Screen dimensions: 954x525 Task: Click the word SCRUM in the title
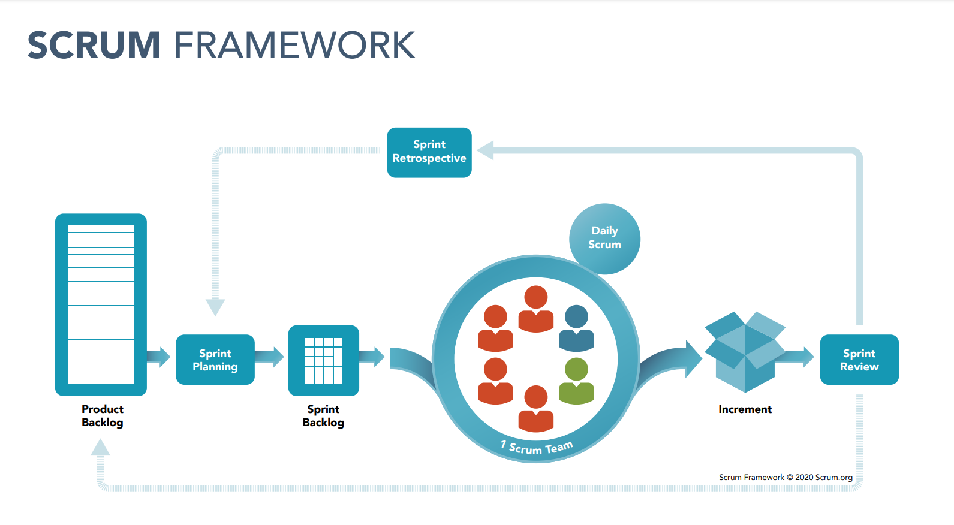click(94, 45)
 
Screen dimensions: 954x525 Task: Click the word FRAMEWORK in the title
click(295, 45)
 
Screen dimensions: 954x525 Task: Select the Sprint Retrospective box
click(429, 152)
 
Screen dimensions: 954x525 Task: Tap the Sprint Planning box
click(215, 360)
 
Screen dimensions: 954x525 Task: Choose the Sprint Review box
click(859, 360)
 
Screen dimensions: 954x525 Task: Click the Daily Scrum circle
click(605, 239)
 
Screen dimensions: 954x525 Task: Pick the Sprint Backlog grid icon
click(324, 361)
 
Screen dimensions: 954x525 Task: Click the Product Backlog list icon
click(101, 304)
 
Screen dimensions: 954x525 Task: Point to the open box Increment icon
click(745, 352)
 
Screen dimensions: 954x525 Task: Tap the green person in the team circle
click(576, 381)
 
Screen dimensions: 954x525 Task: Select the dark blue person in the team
click(576, 328)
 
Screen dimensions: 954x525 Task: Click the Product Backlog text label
click(102, 415)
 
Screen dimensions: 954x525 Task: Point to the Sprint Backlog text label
click(323, 415)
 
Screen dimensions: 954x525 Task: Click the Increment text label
click(745, 409)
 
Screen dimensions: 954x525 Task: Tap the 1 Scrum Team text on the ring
click(537, 448)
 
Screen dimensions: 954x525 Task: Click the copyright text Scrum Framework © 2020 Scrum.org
click(786, 477)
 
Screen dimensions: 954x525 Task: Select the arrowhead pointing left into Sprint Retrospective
click(486, 150)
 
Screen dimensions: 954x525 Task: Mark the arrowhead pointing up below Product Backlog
click(101, 447)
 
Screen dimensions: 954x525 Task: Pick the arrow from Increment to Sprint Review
click(795, 357)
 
